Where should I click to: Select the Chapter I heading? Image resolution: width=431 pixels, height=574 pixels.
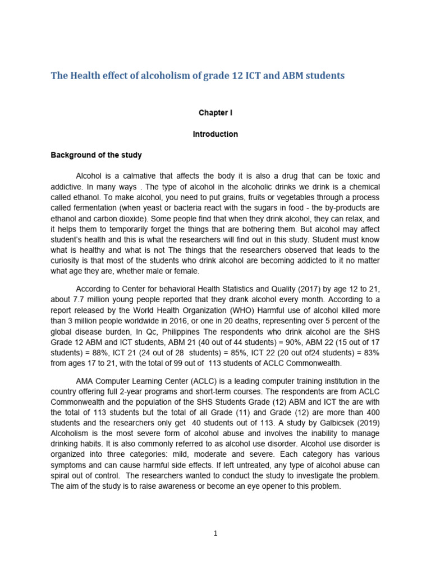coord(215,113)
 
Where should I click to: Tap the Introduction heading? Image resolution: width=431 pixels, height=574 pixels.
coord(215,134)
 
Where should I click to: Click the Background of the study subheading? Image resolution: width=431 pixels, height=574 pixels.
coord(97,155)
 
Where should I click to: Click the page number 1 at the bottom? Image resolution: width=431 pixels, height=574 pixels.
coord(215,534)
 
